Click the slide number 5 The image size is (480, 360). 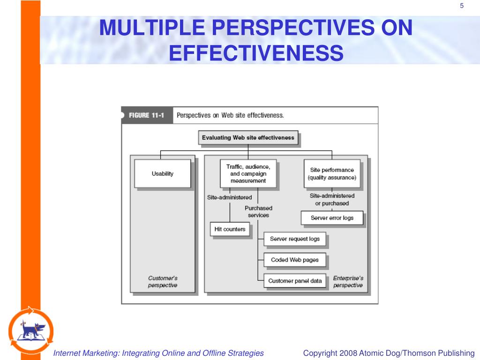coord(462,6)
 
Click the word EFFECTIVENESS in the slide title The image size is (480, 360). coord(256,53)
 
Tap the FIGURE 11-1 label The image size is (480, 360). coord(146,115)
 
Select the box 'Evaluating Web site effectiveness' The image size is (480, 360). coord(248,138)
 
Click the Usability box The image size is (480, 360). coord(162,173)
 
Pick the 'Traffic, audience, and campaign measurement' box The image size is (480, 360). coord(248,173)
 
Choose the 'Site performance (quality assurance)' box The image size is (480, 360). coord(331,173)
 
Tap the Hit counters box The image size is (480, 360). coord(230,229)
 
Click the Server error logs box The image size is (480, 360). coord(332,218)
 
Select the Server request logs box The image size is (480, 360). coord(294,239)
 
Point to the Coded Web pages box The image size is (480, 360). coord(294,260)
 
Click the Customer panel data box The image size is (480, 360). coord(295,281)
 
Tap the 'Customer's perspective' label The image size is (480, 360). coord(163,282)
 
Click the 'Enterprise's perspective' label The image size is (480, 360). coord(348,282)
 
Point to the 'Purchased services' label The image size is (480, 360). coord(258,211)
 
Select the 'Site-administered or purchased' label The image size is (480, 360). coord(332,200)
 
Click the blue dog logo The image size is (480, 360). coord(30,330)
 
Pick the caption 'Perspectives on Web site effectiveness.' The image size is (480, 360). coord(230,115)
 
